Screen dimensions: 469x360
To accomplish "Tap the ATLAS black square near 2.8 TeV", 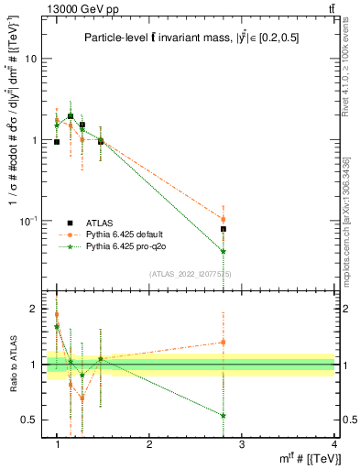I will point(224,229).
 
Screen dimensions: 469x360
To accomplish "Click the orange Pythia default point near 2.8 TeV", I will point(224,219).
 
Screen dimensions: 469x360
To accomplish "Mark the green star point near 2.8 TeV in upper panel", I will point(224,251).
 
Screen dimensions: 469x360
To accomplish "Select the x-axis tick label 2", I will point(149,444).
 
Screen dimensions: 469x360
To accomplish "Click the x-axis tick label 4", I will point(333,444).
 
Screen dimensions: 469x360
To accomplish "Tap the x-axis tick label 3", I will point(242,444).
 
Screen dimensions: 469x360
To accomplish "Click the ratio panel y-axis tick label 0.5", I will point(31,420).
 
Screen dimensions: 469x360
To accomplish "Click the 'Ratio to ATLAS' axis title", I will point(12,364).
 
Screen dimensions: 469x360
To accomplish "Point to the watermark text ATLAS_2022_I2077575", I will point(190,274).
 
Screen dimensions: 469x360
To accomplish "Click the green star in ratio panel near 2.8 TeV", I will point(224,415).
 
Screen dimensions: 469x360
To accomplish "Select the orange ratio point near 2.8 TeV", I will point(224,343).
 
